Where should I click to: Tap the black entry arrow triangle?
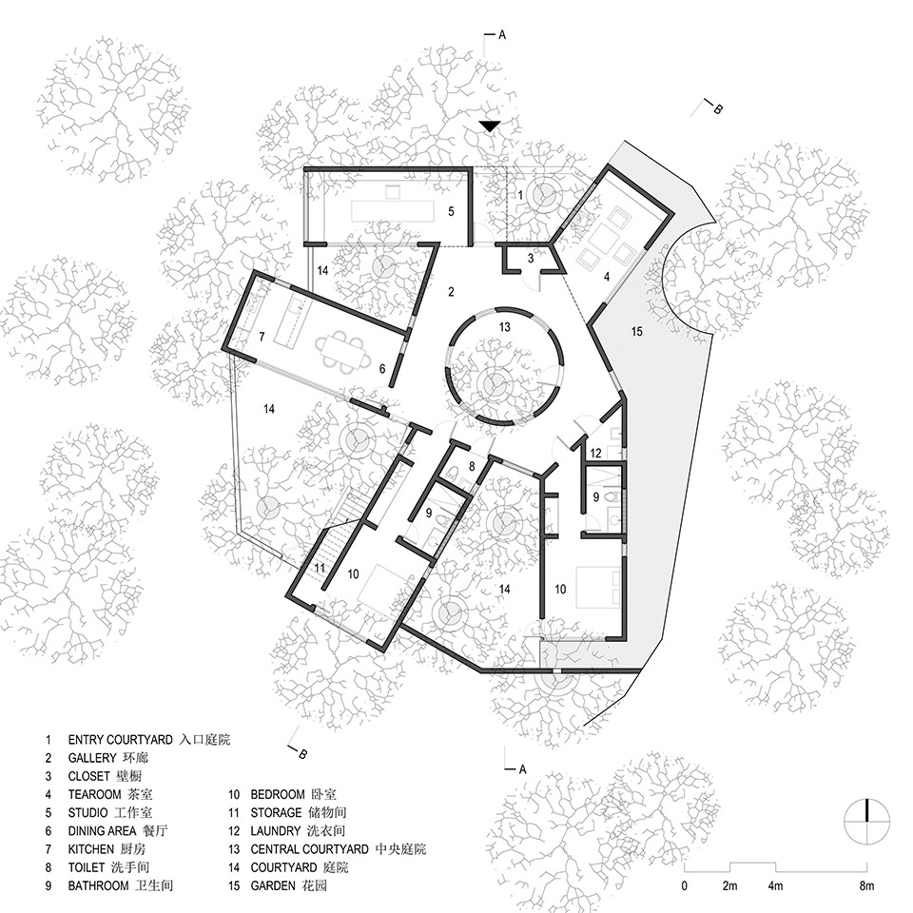click(490, 126)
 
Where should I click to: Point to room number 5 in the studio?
click(452, 210)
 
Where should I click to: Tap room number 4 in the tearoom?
click(605, 277)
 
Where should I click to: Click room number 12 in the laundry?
click(596, 453)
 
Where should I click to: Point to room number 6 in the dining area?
click(381, 369)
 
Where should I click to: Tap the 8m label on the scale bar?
click(866, 886)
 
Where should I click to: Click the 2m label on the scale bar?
click(730, 886)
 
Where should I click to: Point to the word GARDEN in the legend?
click(276, 885)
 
